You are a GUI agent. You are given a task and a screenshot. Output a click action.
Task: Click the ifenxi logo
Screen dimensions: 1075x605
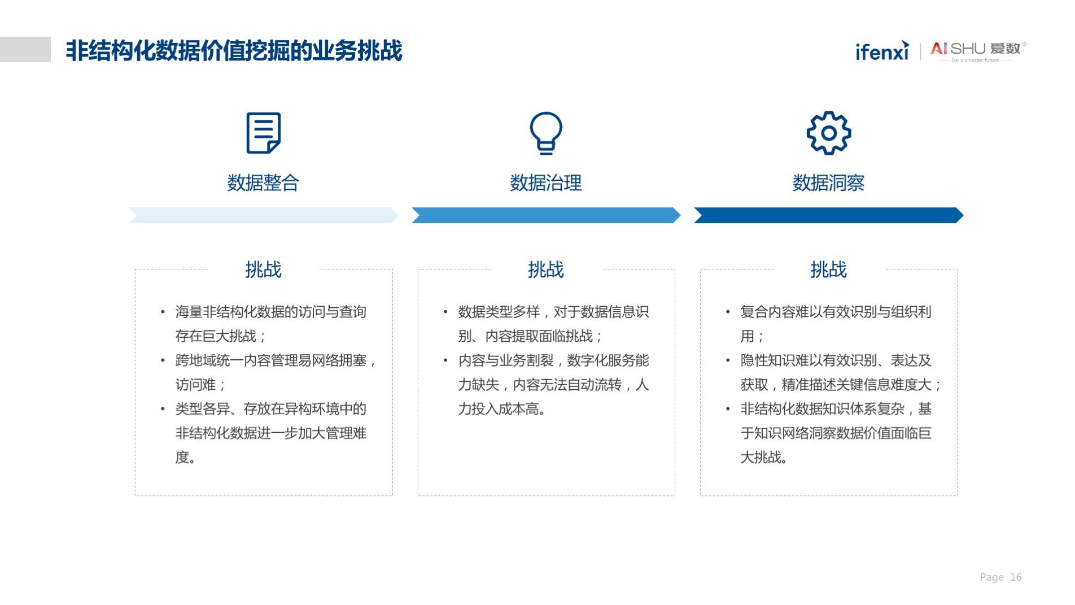pos(882,51)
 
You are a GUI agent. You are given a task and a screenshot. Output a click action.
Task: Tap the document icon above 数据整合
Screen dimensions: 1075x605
pos(263,133)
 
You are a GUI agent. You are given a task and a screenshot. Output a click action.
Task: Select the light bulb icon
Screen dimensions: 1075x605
pos(546,133)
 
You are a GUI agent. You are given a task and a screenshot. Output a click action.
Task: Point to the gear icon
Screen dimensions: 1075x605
pos(828,133)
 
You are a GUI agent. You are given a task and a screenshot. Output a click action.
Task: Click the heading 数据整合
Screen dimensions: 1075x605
pos(263,183)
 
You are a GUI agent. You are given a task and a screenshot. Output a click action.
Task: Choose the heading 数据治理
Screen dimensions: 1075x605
pos(546,183)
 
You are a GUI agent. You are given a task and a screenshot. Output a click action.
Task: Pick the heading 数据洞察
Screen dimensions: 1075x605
pos(828,183)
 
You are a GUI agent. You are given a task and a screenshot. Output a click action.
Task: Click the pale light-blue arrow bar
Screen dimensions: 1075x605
pos(263,215)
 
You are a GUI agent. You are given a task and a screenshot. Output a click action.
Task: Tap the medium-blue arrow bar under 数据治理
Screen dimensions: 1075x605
pos(546,215)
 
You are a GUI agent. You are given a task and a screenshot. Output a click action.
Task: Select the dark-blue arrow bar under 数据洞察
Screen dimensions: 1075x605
pos(828,215)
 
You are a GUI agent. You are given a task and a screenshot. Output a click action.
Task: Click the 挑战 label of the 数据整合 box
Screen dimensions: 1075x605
pos(263,269)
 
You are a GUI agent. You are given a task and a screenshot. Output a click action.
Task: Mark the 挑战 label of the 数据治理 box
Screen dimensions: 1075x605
pos(546,269)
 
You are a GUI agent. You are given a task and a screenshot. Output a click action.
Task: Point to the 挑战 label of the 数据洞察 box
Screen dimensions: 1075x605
pos(828,269)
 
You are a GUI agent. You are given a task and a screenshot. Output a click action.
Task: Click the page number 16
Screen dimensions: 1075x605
pos(1016,577)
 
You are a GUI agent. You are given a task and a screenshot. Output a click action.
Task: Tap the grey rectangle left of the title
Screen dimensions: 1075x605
pos(25,49)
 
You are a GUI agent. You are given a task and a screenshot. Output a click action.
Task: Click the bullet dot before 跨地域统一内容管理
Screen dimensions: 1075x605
pos(163,360)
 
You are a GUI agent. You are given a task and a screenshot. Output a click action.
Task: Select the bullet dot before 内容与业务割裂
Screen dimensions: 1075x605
pos(445,360)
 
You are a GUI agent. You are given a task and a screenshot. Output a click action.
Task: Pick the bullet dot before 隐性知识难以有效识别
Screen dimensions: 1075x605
pos(728,360)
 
